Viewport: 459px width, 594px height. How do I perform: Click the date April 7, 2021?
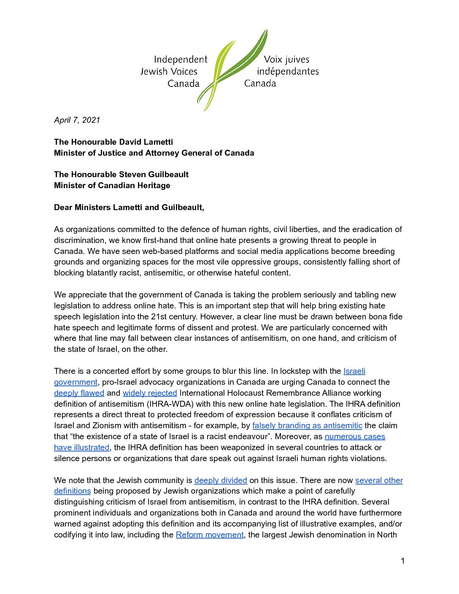click(77, 120)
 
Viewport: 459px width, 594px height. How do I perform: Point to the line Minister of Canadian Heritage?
click(112, 186)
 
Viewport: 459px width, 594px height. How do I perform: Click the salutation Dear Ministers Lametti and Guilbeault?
click(129, 208)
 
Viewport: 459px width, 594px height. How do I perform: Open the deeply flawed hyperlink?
click(79, 393)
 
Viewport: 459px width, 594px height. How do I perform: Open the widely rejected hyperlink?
click(150, 393)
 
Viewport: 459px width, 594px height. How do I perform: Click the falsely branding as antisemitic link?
click(307, 426)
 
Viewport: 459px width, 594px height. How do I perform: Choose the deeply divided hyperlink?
click(221, 481)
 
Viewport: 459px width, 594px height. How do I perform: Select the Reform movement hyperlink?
click(210, 535)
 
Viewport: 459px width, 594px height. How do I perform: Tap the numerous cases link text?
click(355, 437)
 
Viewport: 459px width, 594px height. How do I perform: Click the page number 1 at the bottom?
click(403, 561)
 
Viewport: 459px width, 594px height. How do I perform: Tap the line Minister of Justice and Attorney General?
click(154, 153)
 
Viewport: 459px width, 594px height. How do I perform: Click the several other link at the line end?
click(379, 481)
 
